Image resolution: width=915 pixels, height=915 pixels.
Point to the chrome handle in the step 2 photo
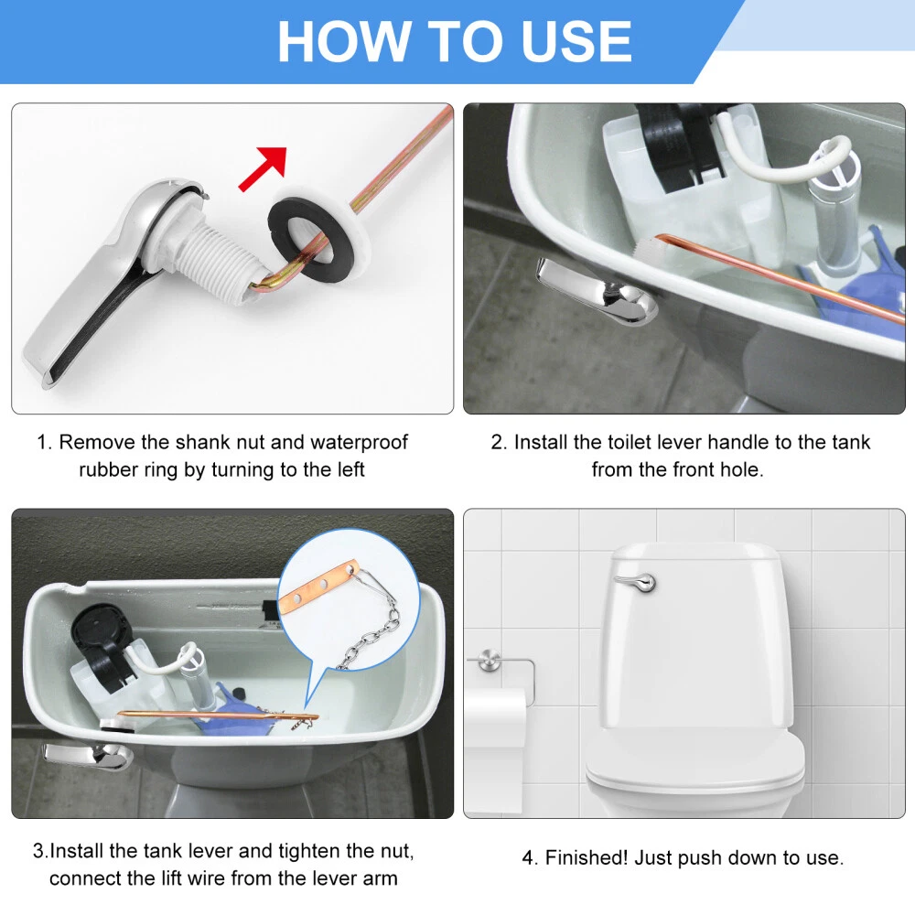596,292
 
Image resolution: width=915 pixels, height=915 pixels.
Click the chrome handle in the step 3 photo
88,756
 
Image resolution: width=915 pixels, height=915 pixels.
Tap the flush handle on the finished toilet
636,581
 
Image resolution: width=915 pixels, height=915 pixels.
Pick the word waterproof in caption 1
359,442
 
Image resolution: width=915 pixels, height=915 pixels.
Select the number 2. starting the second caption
499,442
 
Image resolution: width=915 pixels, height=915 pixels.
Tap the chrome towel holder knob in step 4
489,662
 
